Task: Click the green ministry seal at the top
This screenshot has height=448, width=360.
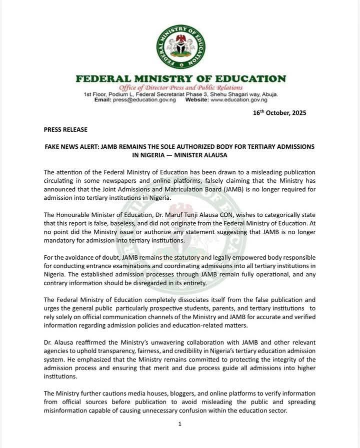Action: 180,46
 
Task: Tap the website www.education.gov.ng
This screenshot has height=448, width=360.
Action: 239,100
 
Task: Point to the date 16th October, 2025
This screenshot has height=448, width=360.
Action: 279,113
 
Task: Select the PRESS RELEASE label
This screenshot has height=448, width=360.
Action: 65,129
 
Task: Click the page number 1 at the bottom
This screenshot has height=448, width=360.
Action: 179,424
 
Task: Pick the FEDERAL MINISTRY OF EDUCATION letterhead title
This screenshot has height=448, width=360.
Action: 180,79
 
